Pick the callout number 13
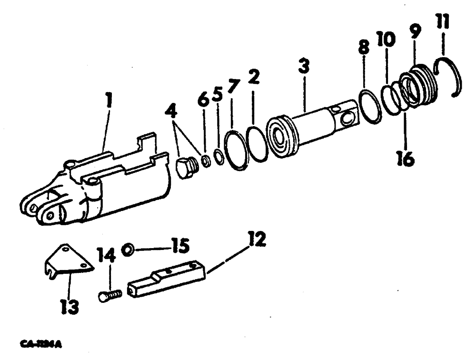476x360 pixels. (69, 308)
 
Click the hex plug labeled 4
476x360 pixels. (186, 168)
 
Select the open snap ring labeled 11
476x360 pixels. (452, 76)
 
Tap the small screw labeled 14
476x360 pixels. (110, 295)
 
